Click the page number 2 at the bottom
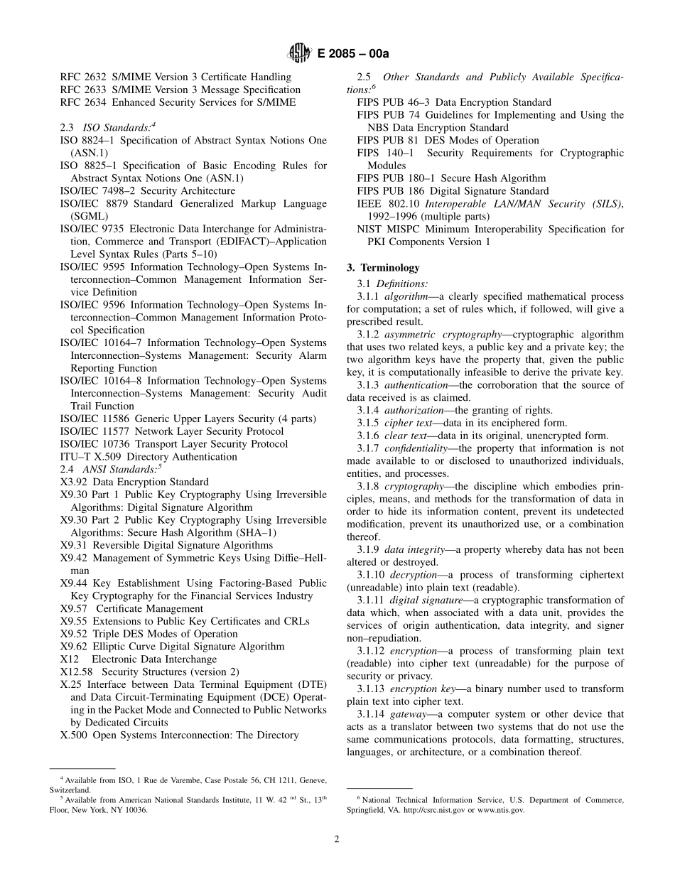point(337,838)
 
